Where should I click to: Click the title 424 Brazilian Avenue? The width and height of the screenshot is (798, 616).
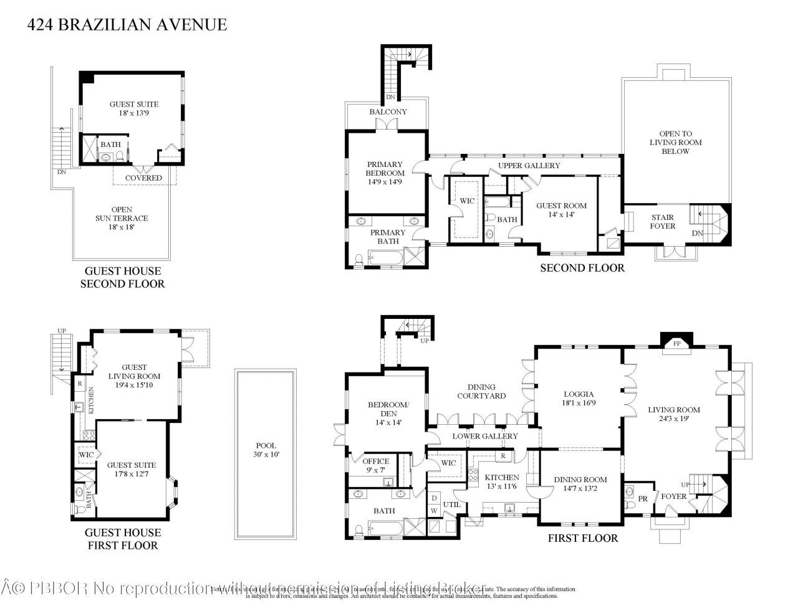[127, 25]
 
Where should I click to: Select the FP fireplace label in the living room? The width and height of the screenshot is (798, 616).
[676, 343]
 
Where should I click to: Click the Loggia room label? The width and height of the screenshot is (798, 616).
[579, 399]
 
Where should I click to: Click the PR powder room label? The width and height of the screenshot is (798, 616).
[643, 498]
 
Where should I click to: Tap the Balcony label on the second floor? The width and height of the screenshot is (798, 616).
[388, 112]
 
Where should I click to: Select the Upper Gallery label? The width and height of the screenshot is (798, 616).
[529, 166]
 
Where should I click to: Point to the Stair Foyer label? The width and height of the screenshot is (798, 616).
[662, 222]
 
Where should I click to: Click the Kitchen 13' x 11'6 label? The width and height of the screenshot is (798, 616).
[502, 481]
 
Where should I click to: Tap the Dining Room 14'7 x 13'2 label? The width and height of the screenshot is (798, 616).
[580, 484]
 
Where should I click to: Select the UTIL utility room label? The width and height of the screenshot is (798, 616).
[451, 505]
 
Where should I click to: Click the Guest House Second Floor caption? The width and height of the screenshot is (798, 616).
[122, 278]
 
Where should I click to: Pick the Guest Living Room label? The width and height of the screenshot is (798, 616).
[134, 376]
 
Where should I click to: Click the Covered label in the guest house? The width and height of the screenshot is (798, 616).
[143, 178]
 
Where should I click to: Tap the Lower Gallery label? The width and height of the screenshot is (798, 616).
[485, 436]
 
